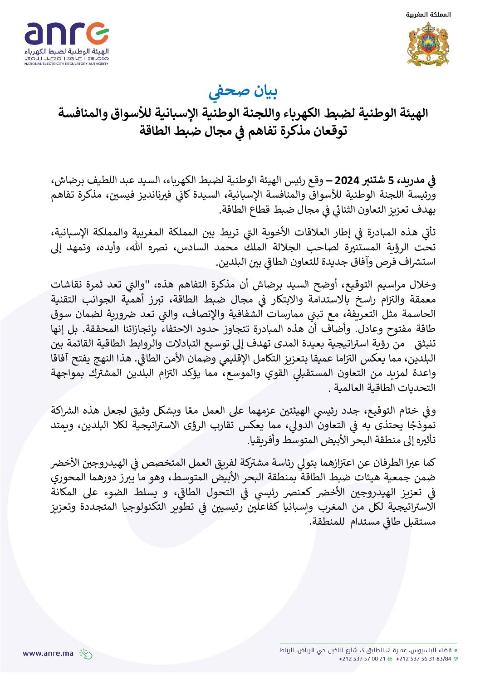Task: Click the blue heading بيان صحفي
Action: (243, 91)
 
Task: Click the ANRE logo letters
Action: (66, 34)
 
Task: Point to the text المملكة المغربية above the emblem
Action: (428, 15)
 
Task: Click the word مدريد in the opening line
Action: (414, 181)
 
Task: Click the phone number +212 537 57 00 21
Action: (362, 659)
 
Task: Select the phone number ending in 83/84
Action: (424, 659)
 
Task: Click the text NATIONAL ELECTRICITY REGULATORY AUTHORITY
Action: (66, 64)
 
